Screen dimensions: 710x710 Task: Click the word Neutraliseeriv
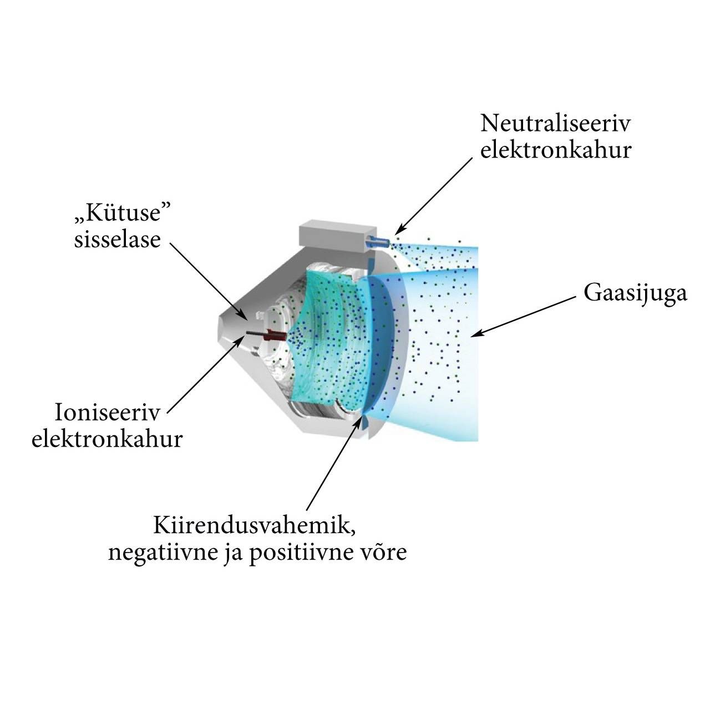click(556, 124)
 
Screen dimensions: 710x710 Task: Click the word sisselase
click(118, 240)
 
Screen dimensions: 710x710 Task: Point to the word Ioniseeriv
click(107, 412)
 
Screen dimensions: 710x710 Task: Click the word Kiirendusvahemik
click(255, 525)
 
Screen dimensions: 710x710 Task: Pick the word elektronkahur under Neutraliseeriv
click(556, 150)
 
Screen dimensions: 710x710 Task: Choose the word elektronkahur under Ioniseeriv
click(107, 439)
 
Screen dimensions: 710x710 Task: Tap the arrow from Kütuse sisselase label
click(209, 281)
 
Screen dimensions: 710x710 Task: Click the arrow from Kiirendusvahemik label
click(334, 463)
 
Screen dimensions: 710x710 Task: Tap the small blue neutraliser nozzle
click(377, 242)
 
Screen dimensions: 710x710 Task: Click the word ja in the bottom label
click(233, 554)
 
